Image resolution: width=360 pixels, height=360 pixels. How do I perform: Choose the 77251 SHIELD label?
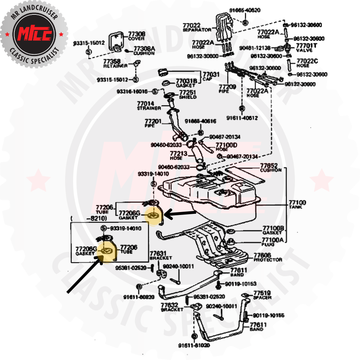coord(188,95)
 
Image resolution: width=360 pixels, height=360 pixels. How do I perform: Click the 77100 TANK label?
coord(297,205)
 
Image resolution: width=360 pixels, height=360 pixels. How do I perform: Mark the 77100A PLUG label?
coord(273,242)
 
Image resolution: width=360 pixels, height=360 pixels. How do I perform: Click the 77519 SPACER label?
coord(262,295)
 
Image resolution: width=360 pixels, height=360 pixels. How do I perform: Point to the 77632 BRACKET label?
coord(170,307)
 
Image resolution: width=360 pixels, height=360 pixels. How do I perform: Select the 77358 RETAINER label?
coord(115,64)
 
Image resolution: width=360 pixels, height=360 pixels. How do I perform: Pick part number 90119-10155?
coord(268,316)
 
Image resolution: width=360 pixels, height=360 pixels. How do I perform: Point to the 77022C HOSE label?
coord(307,63)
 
